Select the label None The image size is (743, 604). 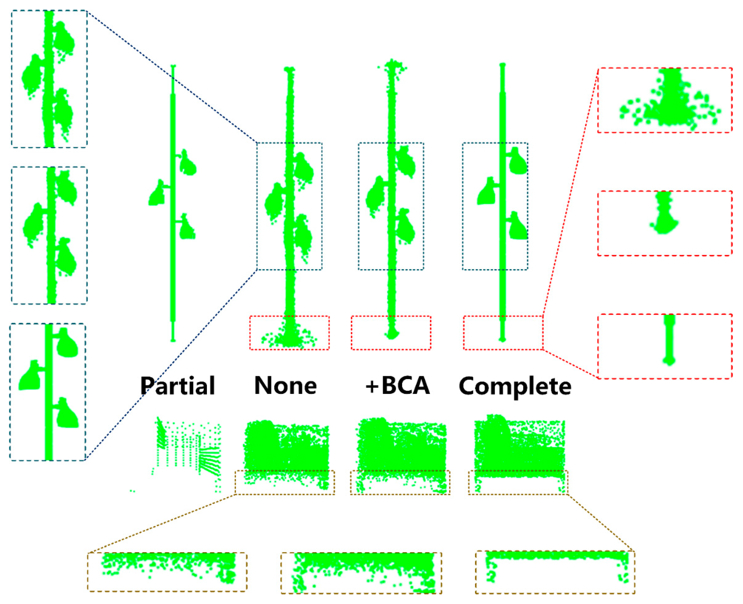pos(285,385)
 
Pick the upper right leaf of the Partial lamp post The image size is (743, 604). pos(188,164)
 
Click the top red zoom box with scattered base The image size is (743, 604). pos(665,100)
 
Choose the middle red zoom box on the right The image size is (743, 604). pos(665,223)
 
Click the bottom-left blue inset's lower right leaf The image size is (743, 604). pos(67,414)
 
